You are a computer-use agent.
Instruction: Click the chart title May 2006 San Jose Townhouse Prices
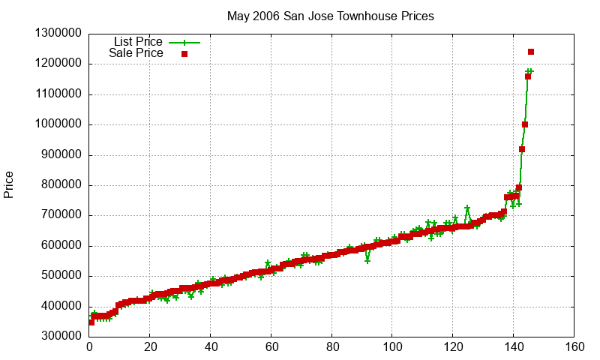coord(331,16)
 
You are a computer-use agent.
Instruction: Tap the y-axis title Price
coord(9,184)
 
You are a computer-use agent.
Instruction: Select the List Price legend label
coord(138,42)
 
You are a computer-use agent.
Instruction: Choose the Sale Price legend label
coord(136,53)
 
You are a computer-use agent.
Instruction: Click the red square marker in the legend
coord(184,54)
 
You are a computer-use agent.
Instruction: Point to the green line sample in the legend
coord(184,43)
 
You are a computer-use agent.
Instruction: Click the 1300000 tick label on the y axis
coord(58,34)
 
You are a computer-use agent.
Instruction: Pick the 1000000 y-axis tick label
coord(58,124)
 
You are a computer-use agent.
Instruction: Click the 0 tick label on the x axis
coord(90,347)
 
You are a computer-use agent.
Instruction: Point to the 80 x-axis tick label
coord(331,347)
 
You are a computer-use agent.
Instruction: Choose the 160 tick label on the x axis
coord(574,347)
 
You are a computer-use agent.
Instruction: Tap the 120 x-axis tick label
coord(453,347)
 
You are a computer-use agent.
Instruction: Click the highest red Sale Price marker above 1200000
coord(531,52)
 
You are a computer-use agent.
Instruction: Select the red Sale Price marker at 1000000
coord(525,124)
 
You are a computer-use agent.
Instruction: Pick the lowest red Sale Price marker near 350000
coord(91,322)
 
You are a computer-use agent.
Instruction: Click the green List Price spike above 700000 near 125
coord(467,208)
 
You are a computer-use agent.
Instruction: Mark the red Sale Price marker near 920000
coord(522,149)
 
